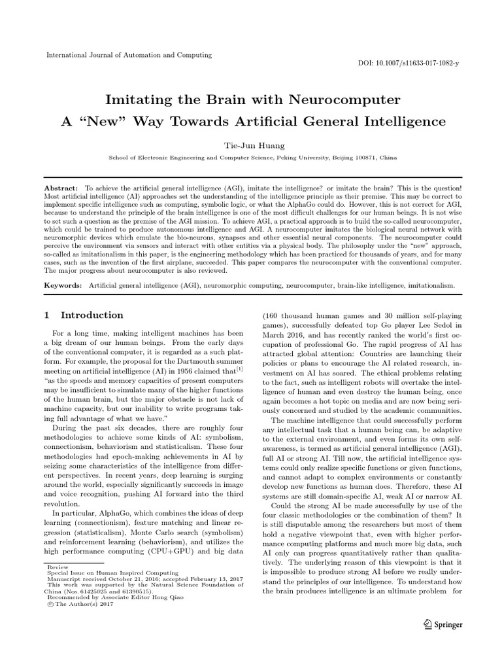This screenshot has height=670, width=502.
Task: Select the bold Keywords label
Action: tap(63, 286)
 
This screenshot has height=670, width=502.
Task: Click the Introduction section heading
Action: tap(91, 315)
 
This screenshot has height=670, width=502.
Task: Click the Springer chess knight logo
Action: tap(428, 624)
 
